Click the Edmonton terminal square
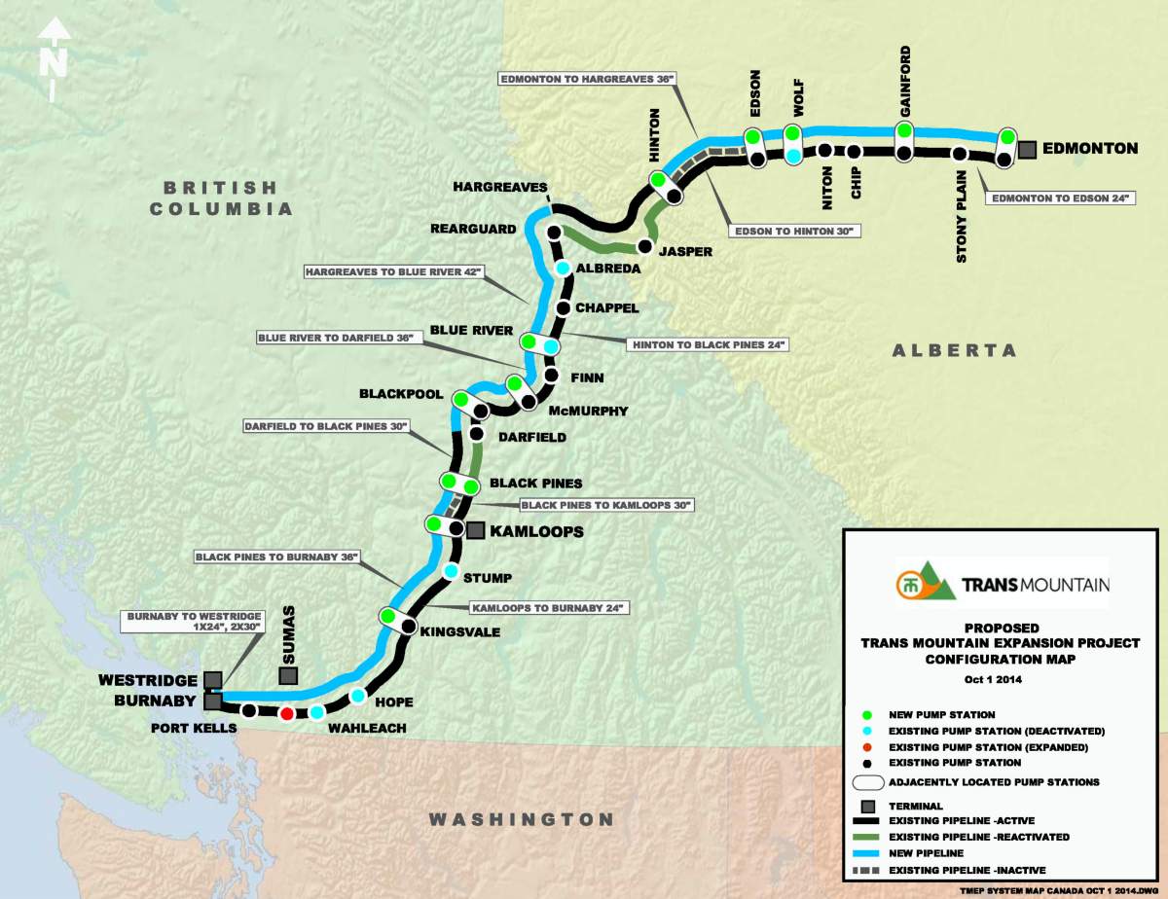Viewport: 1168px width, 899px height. pos(1027,149)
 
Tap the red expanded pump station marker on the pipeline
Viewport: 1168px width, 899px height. pos(286,713)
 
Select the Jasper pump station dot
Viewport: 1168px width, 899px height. pos(643,247)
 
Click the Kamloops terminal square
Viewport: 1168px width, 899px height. pos(475,530)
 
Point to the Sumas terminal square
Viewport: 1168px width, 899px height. pos(288,675)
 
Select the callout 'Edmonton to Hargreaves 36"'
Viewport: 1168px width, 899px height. pos(588,78)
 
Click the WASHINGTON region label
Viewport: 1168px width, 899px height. pos(523,819)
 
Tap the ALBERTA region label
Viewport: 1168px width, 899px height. pos(954,350)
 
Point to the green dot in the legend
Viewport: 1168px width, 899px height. pos(866,715)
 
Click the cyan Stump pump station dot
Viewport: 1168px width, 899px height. pos(451,570)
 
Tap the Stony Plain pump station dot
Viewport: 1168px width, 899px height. pos(960,154)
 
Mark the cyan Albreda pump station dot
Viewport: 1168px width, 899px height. pos(563,268)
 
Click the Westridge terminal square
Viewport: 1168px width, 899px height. pos(213,679)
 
